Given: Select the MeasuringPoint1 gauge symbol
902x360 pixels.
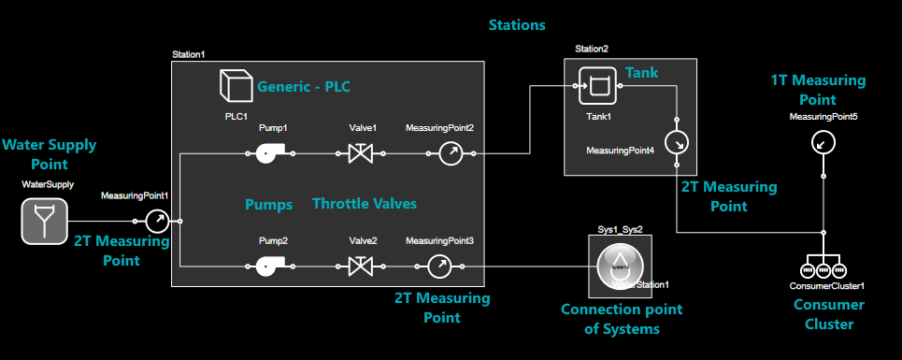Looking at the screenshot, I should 156,222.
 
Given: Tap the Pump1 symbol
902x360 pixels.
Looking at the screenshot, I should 271,153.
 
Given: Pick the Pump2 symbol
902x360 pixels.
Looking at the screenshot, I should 271,267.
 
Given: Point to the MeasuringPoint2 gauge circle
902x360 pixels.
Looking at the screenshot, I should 451,153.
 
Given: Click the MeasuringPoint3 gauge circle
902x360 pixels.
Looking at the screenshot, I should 439,267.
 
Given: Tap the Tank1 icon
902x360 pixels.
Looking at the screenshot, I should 596,86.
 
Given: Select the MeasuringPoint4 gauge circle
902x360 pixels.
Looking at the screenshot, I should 675,143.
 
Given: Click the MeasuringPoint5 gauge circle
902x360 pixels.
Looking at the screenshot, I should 822,142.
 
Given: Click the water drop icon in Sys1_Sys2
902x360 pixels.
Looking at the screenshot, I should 619,265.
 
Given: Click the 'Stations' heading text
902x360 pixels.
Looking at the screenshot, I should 517,25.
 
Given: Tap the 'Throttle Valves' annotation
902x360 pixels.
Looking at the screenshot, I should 365,204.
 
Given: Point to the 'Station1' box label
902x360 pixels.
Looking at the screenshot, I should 188,55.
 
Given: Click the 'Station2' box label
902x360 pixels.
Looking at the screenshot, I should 591,49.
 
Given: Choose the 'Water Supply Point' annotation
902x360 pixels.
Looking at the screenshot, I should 49,155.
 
